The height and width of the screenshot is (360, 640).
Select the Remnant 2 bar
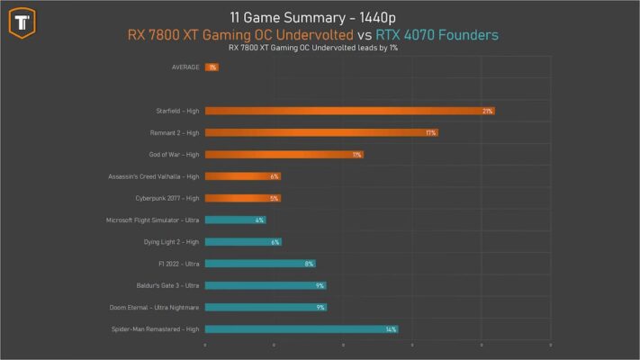point(320,132)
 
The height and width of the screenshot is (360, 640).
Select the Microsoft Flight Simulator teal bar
point(235,220)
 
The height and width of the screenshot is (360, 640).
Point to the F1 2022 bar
point(259,264)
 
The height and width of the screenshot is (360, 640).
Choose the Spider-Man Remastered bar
point(301,329)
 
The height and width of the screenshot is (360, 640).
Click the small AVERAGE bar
point(212,67)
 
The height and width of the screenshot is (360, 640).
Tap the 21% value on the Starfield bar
point(487,111)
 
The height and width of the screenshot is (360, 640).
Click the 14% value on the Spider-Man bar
point(390,329)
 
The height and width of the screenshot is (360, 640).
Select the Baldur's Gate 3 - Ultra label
point(165,285)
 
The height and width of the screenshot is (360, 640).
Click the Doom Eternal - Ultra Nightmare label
point(154,308)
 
